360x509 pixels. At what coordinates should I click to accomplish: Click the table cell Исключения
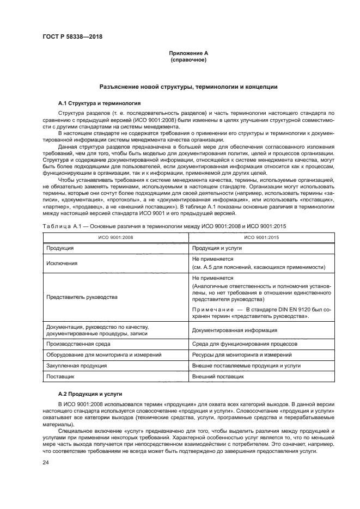(62, 263)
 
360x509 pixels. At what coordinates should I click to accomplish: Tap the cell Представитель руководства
(82, 297)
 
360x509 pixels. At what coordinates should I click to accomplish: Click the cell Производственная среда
(79, 344)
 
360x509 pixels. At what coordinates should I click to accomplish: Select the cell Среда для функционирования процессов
(245, 344)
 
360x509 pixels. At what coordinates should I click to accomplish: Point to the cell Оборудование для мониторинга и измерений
(104, 355)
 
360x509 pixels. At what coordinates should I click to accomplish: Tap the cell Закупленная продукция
(77, 365)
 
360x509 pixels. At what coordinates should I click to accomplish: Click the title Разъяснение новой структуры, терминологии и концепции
(188, 86)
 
